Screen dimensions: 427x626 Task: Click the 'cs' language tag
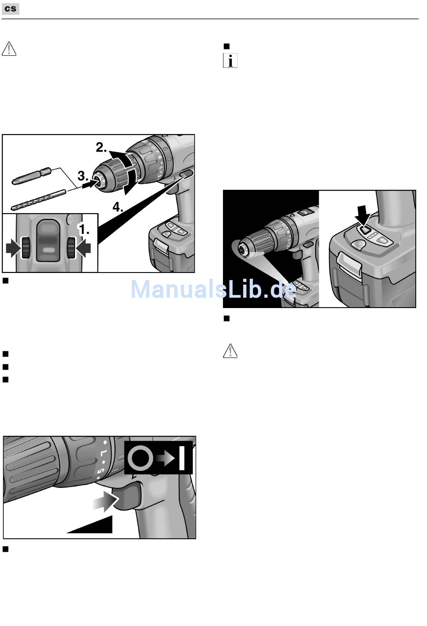point(10,9)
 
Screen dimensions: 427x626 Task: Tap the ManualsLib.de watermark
point(213,289)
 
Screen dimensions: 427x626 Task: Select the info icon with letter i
point(231,60)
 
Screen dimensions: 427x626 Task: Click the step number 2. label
point(101,147)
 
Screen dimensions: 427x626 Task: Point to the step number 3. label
point(83,176)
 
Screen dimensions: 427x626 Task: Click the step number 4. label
point(118,207)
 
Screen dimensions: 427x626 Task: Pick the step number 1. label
point(84,229)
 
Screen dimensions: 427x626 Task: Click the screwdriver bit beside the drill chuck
point(31,176)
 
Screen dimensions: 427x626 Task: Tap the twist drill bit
point(39,200)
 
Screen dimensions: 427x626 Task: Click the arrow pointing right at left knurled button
point(13,248)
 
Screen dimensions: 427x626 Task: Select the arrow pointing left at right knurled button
point(84,248)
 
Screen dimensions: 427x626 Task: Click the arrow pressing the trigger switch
point(106,501)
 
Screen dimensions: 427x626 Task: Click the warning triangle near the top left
point(9,49)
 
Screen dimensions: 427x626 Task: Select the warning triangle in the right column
point(231,351)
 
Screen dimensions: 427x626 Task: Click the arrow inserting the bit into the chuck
point(89,183)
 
